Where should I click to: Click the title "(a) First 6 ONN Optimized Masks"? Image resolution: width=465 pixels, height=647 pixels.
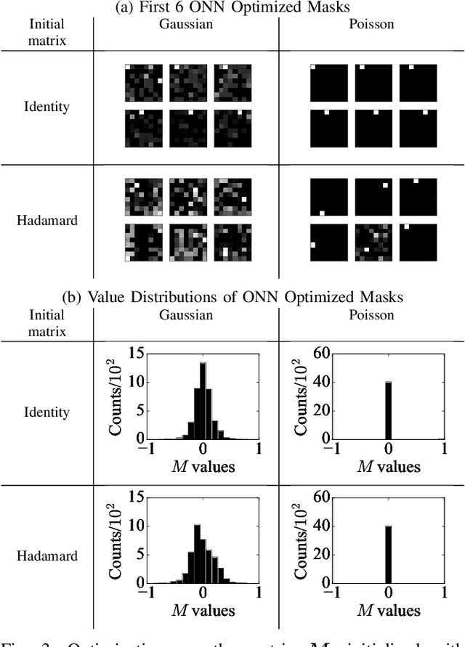pos(232,7)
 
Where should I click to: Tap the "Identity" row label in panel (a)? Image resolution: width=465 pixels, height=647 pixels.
pos(46,106)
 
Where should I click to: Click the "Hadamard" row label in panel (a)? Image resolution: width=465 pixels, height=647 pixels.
pos(46,219)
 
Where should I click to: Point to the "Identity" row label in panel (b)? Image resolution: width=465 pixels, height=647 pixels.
pos(46,412)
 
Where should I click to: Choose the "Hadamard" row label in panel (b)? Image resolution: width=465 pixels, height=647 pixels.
pos(46,556)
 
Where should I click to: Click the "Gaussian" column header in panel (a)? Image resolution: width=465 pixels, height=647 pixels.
pos(185,23)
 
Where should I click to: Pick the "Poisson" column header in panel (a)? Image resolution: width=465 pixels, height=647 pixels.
pos(372,23)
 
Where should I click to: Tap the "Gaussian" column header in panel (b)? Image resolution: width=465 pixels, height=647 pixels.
pos(185,315)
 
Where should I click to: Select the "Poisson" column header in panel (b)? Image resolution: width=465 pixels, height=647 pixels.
pos(372,315)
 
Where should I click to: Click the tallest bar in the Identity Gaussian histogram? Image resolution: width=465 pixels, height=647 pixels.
pos(203,400)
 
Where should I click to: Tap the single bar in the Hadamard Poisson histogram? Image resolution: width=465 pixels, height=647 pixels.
pos(389,553)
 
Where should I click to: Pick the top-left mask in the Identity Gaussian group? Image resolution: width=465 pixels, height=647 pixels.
pos(143,82)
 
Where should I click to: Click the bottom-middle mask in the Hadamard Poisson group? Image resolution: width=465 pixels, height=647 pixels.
pos(373,242)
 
